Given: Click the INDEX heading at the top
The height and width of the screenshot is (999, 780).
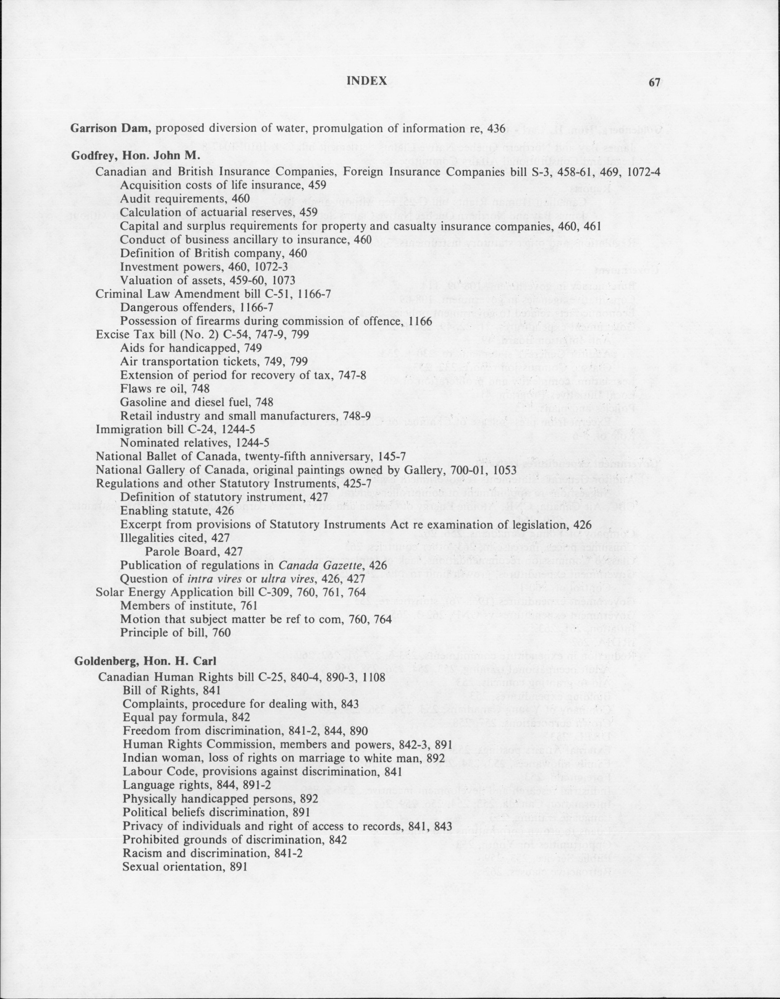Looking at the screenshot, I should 367,81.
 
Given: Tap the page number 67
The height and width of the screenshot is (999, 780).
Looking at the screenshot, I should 654,82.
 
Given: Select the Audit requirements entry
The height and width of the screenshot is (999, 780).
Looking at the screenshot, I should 185,199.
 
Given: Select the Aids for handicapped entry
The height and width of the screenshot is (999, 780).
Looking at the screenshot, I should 191,348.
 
